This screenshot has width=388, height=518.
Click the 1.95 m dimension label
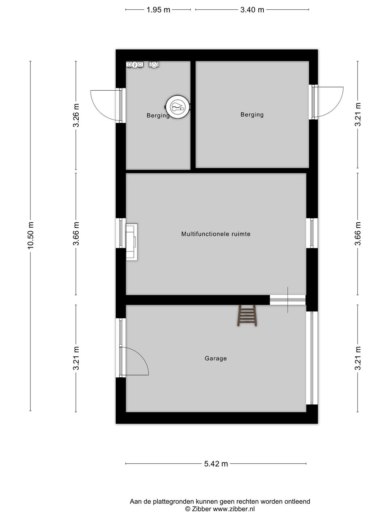pyautogui.click(x=158, y=10)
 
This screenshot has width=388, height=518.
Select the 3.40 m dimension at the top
pyautogui.click(x=252, y=10)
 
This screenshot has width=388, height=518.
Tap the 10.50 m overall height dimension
pyautogui.click(x=31, y=235)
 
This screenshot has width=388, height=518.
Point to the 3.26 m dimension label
pyautogui.click(x=76, y=115)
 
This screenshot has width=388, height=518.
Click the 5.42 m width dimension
pyautogui.click(x=216, y=464)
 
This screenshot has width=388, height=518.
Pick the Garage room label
pyautogui.click(x=216, y=358)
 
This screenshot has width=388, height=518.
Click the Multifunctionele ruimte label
pyautogui.click(x=216, y=234)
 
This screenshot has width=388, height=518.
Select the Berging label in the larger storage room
pyautogui.click(x=252, y=115)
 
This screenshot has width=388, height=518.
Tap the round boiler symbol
pyautogui.click(x=177, y=107)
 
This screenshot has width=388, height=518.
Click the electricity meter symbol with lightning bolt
pyautogui.click(x=134, y=64)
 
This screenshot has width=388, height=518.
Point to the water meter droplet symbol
pyautogui.click(x=154, y=64)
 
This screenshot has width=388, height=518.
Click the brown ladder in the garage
pyautogui.click(x=247, y=315)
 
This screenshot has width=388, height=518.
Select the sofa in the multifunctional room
pyautogui.click(x=132, y=242)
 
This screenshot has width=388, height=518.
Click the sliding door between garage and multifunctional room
pyautogui.click(x=288, y=300)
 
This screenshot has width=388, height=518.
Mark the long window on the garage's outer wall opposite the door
pyautogui.click(x=312, y=358)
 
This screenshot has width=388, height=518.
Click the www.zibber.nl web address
pyautogui.click(x=234, y=509)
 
